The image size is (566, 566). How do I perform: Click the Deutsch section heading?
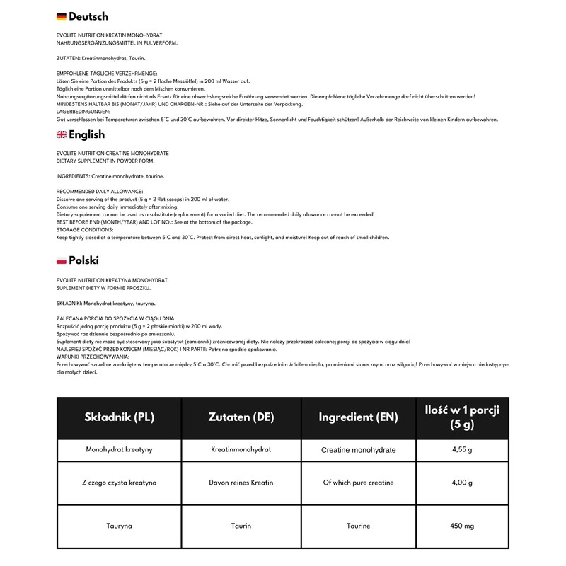(88, 16)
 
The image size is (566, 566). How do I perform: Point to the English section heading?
(86, 135)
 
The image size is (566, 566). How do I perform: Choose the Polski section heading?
(83, 260)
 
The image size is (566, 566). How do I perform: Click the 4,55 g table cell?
(461, 449)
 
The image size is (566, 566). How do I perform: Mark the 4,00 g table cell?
(461, 483)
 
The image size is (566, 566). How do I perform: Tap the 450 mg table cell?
(461, 526)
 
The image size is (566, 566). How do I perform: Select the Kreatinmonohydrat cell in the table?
(241, 449)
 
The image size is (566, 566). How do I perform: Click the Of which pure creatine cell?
(359, 483)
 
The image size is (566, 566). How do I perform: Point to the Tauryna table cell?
(119, 526)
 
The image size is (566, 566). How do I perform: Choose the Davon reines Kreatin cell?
(241, 483)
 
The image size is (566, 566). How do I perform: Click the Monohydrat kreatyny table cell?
(119, 449)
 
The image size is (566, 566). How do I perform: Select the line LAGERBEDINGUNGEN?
(83, 111)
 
